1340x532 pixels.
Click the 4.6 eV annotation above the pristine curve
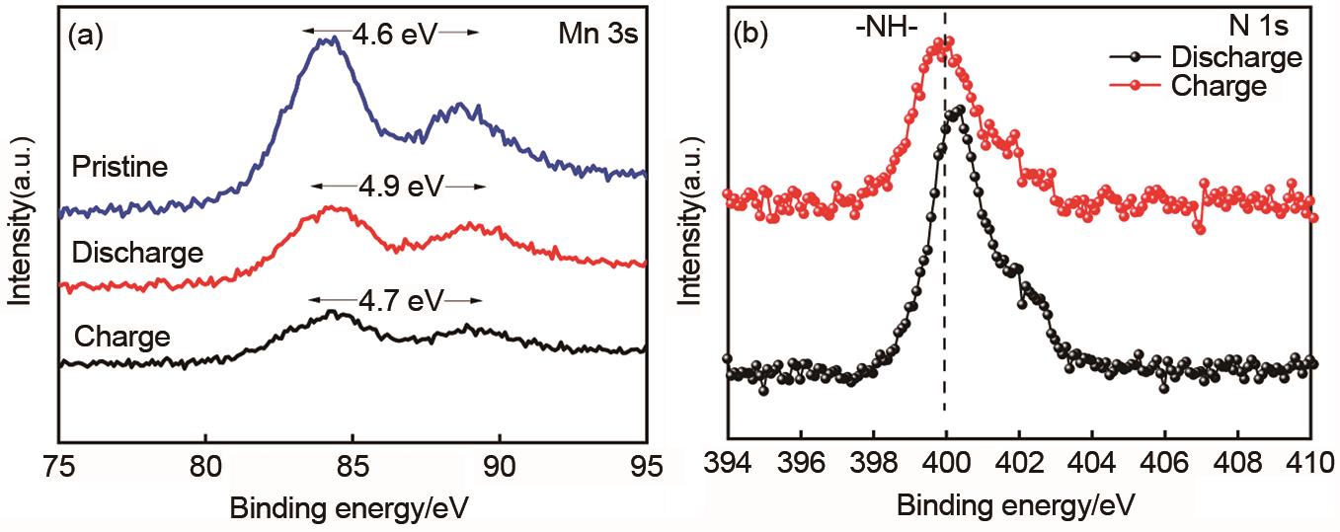pyautogui.click(x=391, y=33)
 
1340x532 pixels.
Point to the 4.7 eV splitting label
pyautogui.click(x=397, y=300)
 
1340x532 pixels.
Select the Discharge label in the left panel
pyautogui.click(x=137, y=253)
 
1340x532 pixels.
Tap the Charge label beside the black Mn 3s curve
pyautogui.click(x=121, y=337)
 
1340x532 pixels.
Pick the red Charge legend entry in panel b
pyautogui.click(x=1217, y=86)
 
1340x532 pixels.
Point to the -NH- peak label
pyautogui.click(x=886, y=29)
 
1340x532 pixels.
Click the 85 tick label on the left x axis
pyautogui.click(x=353, y=463)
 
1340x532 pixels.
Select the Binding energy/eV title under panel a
pyautogui.click(x=348, y=507)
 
